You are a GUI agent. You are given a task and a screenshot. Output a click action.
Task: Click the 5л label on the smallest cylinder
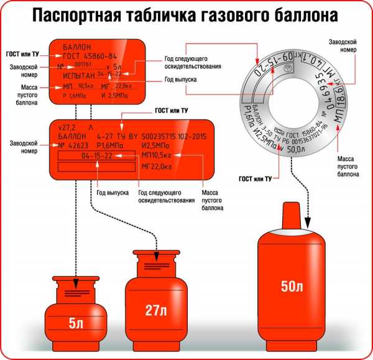coord(75,323)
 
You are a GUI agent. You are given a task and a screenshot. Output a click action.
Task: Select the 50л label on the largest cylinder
coord(292,287)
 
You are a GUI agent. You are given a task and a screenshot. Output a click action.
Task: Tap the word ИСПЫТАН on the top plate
coord(79,74)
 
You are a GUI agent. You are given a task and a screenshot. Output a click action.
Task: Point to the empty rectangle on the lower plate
coord(96,167)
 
